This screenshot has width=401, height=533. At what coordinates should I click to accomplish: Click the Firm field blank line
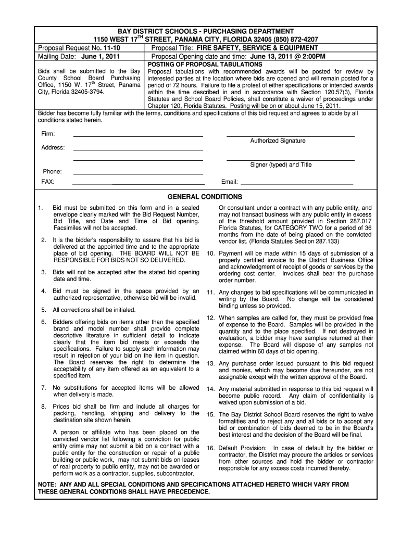(138, 136)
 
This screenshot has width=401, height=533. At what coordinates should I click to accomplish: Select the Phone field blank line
(138, 173)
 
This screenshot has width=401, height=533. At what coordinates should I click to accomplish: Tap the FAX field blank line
(138, 184)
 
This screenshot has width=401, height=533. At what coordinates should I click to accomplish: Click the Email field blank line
(296, 184)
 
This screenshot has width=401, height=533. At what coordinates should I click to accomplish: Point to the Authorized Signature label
(278, 141)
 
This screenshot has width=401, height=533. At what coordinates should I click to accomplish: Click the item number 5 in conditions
(44, 310)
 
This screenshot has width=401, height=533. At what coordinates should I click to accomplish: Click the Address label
(53, 148)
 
